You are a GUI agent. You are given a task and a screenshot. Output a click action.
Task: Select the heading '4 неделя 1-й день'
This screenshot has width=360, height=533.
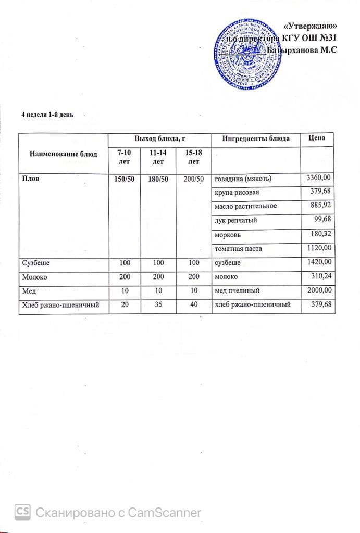[43, 115]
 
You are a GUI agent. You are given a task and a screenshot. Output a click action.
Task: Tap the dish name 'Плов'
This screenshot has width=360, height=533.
[30, 179]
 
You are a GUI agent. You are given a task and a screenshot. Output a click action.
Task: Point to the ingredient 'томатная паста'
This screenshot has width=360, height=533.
[239, 249]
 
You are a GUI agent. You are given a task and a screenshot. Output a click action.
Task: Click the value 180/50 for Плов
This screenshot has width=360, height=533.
[155, 179]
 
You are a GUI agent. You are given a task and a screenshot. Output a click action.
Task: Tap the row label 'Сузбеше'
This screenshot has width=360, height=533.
[35, 263]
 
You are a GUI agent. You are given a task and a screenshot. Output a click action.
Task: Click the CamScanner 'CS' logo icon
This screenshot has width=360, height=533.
[22, 512]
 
